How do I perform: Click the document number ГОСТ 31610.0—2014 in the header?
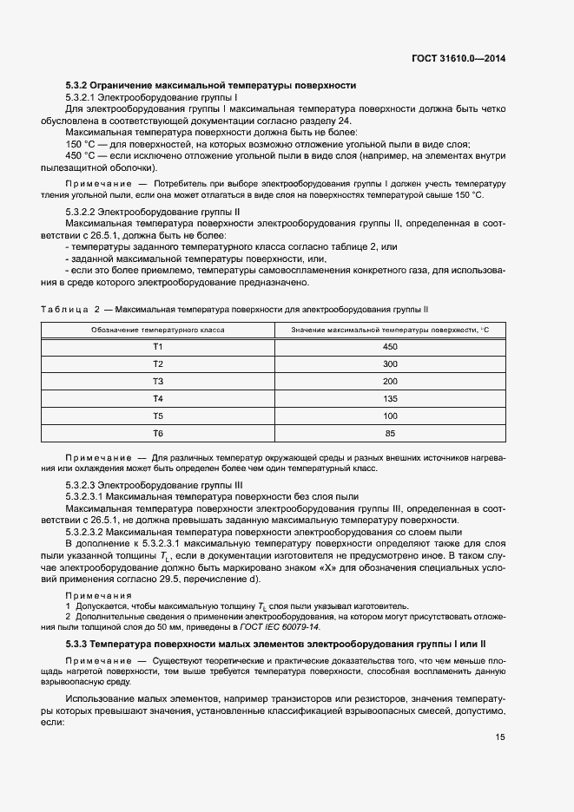tap(459, 59)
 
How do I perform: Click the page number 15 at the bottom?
tap(500, 737)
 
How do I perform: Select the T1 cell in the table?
tap(158, 347)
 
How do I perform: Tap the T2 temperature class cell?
tap(158, 364)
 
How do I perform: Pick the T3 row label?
tap(158, 382)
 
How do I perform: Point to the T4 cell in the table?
tap(158, 399)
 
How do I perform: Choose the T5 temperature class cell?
tap(158, 416)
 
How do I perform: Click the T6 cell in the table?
tap(158, 433)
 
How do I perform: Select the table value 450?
tap(390, 347)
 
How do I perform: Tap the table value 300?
tap(390, 364)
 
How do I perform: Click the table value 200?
tap(390, 382)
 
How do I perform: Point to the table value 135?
tap(390, 399)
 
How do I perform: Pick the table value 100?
tap(390, 416)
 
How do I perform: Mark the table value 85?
tap(390, 433)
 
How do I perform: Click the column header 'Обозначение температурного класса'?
tap(158, 330)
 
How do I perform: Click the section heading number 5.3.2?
tap(79, 86)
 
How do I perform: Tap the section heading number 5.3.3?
tap(79, 645)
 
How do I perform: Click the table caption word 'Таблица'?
tap(63, 310)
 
